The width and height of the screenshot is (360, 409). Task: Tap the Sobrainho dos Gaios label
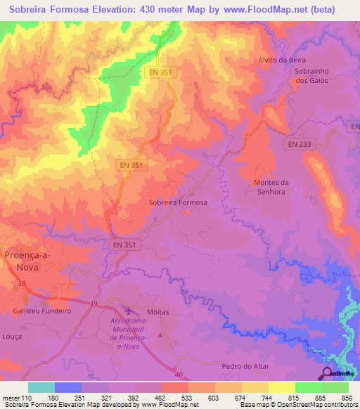[311, 76]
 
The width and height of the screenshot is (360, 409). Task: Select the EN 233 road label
[300, 143]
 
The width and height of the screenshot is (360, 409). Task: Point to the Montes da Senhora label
[270, 187]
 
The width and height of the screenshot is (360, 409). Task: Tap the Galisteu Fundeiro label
[42, 310]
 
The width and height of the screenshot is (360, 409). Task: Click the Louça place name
[12, 337]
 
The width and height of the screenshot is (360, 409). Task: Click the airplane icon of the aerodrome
[128, 310]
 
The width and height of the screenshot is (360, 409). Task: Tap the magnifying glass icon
[328, 372]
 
